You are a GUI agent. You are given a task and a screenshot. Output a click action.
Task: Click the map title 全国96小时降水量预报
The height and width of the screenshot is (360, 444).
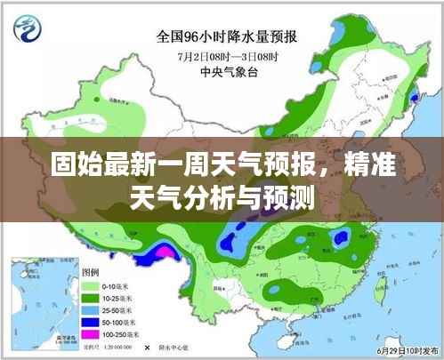point(227,36)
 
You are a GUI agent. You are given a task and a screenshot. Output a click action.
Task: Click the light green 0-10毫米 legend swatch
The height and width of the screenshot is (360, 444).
point(90,286)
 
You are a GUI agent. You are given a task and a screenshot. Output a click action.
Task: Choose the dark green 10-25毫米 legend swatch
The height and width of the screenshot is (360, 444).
point(90,300)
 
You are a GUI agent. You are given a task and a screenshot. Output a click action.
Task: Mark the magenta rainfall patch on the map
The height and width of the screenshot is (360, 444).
point(163,252)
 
